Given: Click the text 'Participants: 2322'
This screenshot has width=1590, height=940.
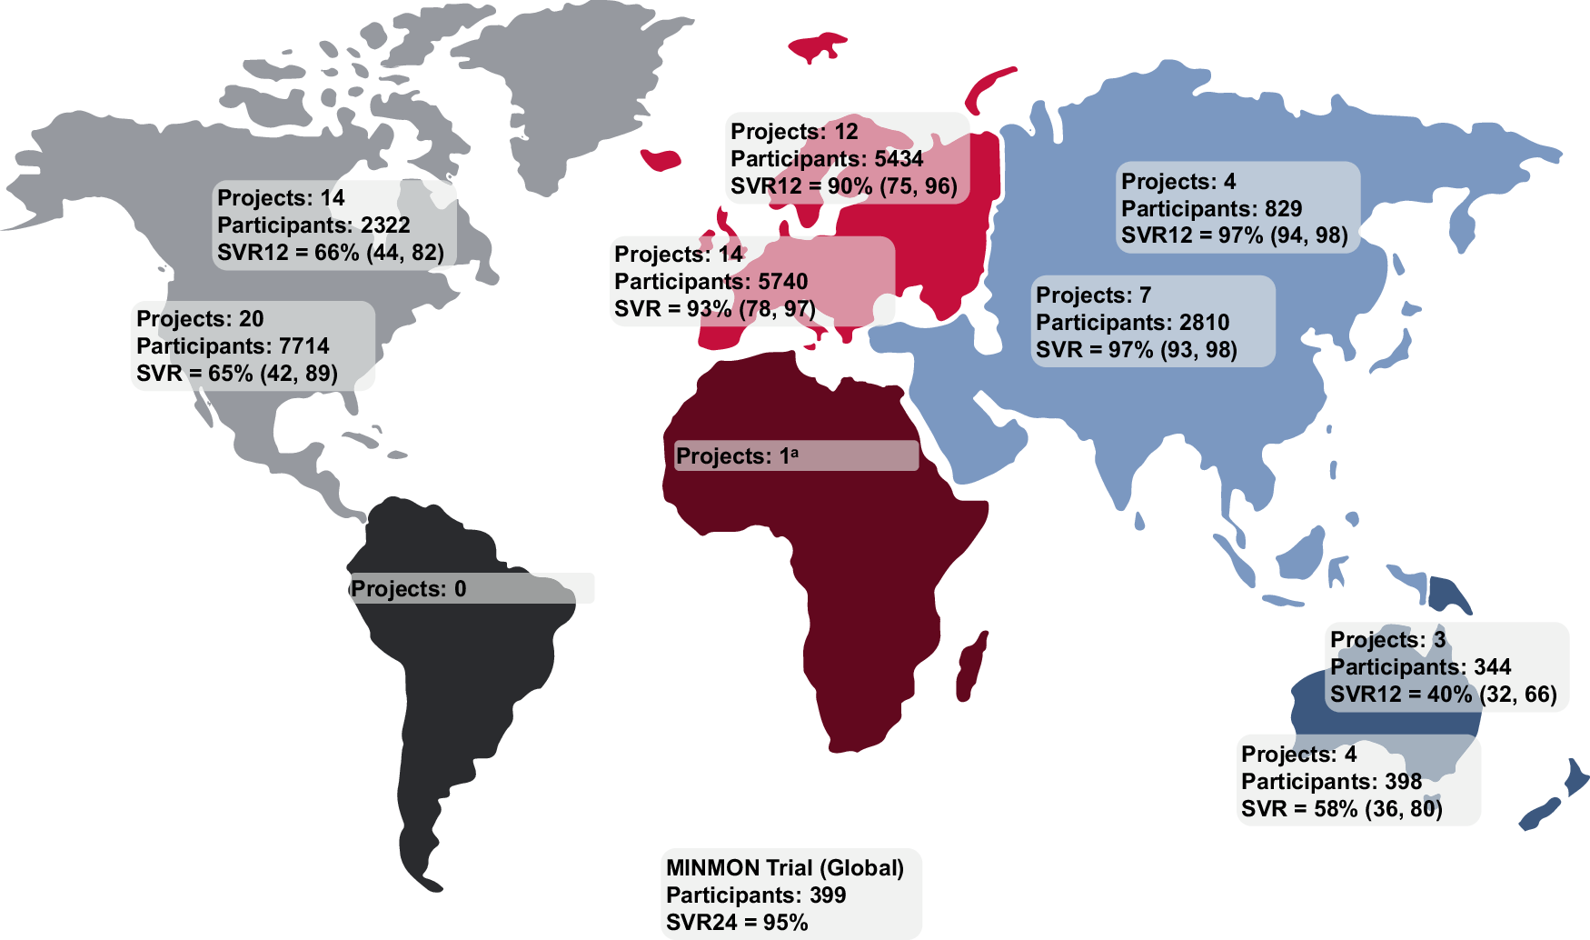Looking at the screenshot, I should coord(313,225).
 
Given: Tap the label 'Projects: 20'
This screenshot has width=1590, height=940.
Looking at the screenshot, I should coord(200,319).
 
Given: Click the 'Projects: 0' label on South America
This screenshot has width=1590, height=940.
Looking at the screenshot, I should coord(409,589).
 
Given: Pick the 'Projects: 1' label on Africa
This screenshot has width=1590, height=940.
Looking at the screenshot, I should coord(737,456).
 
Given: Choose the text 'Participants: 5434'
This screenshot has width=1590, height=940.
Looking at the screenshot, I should coord(826,159).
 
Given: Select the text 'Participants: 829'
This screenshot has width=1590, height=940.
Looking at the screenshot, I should coord(1211,209).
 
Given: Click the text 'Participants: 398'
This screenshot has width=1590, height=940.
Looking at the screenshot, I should coord(1331,782).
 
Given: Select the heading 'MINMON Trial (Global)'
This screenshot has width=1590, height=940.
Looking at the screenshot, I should coord(785,868).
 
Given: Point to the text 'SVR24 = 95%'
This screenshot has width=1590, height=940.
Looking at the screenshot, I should coord(737,923).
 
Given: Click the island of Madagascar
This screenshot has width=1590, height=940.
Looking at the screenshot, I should coord(971,668).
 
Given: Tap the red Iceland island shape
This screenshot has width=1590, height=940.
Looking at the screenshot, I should coord(661,161).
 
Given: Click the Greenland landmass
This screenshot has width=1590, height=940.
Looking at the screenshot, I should coord(581,82).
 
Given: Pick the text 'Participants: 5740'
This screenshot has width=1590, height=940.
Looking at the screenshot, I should coord(711,282).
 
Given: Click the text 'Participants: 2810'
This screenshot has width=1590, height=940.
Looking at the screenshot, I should coord(1132,323).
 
